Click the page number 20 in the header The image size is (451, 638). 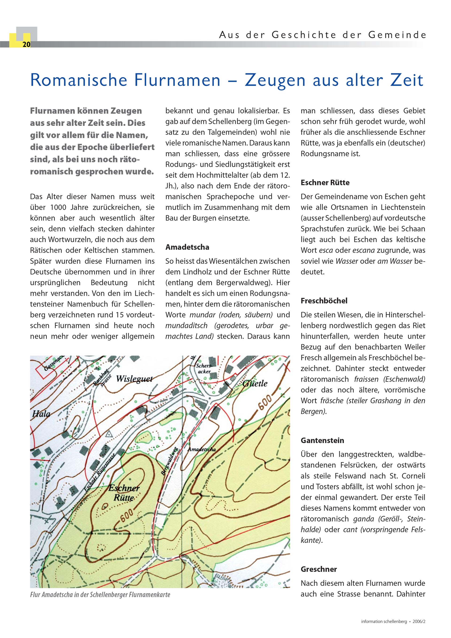click(26, 44)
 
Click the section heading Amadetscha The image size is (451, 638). click(187, 247)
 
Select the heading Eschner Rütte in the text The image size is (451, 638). click(325, 182)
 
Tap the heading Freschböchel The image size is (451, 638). click(324, 301)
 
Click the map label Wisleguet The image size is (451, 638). click(134, 379)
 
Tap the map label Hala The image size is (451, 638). click(41, 414)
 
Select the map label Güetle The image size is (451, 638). click(255, 384)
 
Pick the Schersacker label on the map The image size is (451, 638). click(204, 368)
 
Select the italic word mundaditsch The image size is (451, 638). click(187, 325)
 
